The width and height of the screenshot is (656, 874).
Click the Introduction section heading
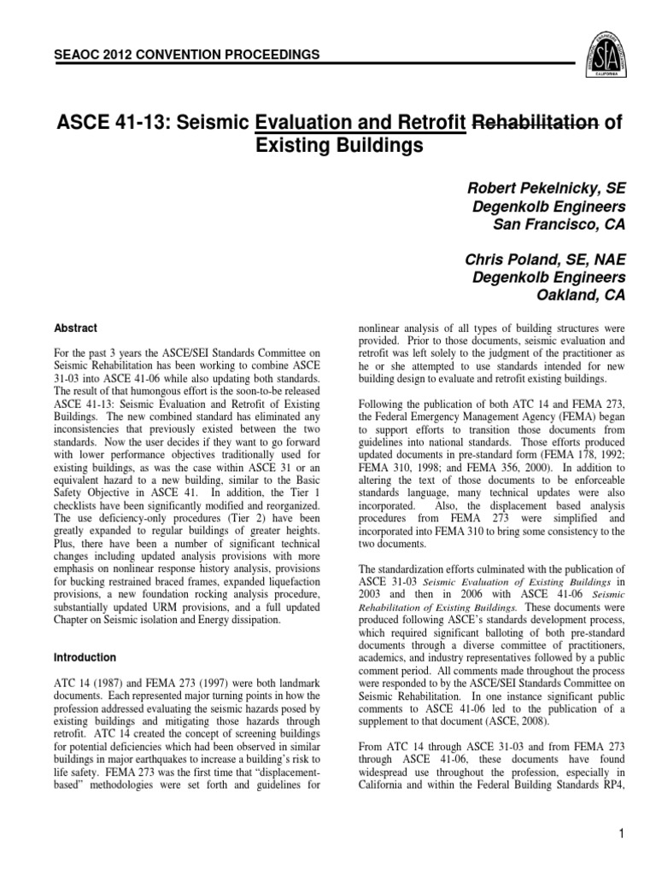click(85, 658)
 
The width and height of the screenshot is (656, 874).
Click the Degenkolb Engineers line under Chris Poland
click(548, 277)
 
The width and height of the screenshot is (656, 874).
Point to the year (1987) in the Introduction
click(94, 685)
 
